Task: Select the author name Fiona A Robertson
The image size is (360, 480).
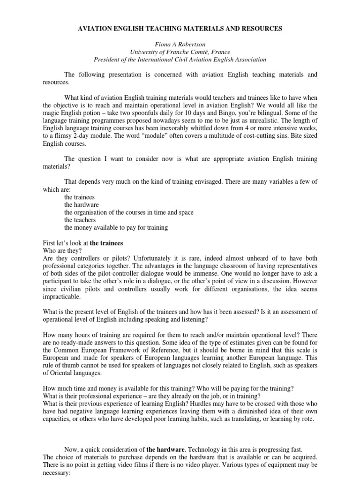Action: pyautogui.click(x=180, y=45)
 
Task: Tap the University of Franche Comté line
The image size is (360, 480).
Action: pyautogui.click(x=180, y=52)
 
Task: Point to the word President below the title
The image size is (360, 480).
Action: pyautogui.click(x=107, y=60)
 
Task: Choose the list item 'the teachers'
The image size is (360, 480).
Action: pyautogui.click(x=80, y=220)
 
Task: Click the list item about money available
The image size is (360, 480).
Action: pyautogui.click(x=116, y=228)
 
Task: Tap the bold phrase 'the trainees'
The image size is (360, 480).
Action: pyautogui.click(x=106, y=243)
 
